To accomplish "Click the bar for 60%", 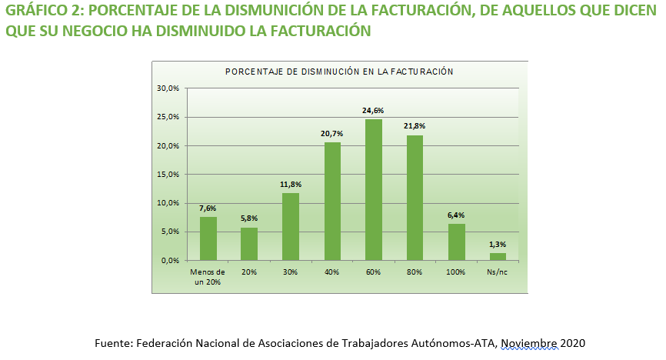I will point(374,190).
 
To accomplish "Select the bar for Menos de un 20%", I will point(208,238).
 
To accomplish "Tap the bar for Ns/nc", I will point(498,256).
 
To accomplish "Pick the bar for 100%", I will point(457,242).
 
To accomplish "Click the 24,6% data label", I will point(374,111).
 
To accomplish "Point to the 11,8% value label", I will point(291,185).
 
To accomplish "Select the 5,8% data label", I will point(249,219).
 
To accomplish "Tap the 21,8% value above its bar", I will point(415,126).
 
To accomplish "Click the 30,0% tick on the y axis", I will point(168,88).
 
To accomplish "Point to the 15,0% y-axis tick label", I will point(168,175).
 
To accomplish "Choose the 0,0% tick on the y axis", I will point(171,261).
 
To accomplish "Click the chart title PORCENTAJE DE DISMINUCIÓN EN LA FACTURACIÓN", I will point(339,72).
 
